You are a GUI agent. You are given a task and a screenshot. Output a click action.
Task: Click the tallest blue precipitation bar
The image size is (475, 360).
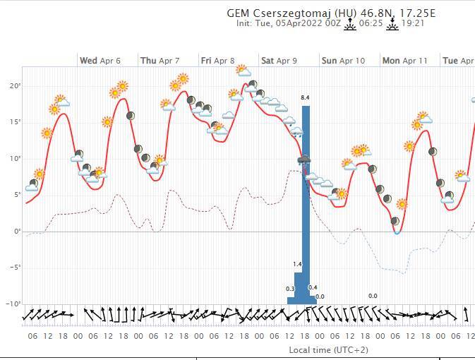click(306, 205)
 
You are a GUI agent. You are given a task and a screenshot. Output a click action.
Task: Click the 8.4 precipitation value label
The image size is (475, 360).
click(306, 97)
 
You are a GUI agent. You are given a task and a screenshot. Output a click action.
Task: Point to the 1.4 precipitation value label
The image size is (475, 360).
click(298, 264)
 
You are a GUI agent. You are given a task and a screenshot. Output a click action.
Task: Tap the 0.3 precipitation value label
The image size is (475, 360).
click(290, 289)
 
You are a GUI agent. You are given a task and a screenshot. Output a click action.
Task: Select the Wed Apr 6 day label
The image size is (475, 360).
click(100, 61)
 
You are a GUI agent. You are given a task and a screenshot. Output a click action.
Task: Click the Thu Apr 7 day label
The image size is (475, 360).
click(160, 61)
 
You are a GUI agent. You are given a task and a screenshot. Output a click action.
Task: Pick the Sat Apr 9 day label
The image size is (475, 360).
click(279, 61)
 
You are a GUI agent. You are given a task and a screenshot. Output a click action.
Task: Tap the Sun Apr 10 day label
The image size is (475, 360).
click(343, 61)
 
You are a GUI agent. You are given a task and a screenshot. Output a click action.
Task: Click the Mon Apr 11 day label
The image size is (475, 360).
click(405, 61)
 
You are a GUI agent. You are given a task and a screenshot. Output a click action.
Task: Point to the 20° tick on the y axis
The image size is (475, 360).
click(15, 85)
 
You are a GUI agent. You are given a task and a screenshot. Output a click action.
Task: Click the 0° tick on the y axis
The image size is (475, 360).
click(16, 231)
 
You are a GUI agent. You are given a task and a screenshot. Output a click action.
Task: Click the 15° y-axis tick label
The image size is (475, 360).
click(15, 122)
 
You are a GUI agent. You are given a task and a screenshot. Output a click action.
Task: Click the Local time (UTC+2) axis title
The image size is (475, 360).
click(328, 350)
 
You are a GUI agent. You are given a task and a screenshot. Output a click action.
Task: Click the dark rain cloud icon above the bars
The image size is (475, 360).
click(304, 161)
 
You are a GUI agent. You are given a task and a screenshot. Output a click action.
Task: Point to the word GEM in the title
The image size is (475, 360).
click(239, 13)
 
